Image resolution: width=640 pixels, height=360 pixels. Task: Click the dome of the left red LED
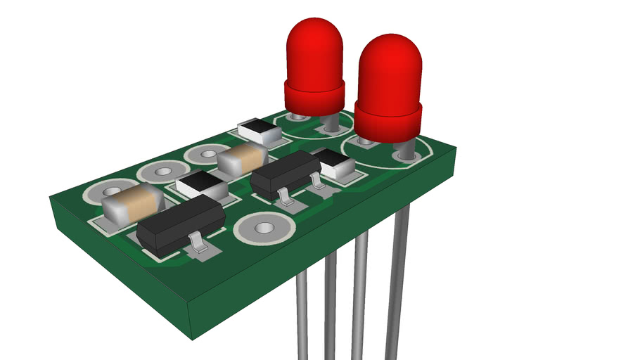point(314,49)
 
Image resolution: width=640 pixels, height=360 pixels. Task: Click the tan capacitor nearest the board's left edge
point(132,203)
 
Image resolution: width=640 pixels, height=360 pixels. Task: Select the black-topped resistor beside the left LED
point(260,131)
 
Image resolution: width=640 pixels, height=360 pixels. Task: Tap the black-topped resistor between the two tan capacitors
point(202,185)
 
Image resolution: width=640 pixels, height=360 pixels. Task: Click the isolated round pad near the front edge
point(263,228)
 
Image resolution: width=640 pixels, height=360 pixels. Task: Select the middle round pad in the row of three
point(163,171)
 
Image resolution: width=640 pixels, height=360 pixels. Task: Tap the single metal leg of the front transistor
point(199,244)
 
